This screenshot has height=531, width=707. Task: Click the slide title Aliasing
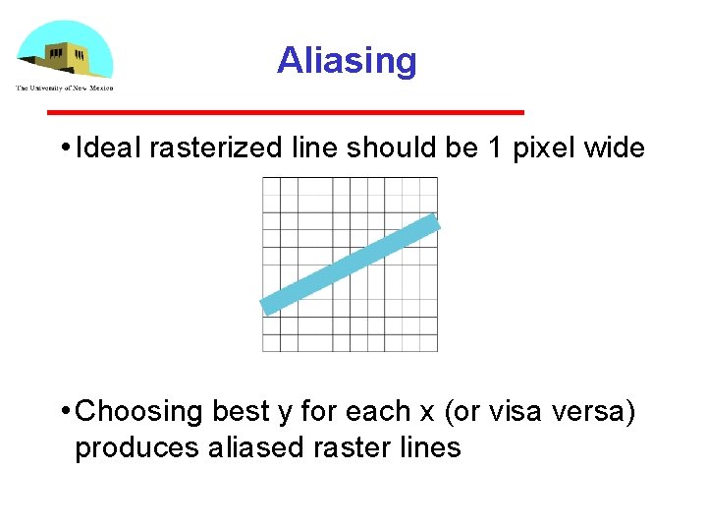pyautogui.click(x=347, y=61)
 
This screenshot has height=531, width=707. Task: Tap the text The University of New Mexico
pyautogui.click(x=65, y=88)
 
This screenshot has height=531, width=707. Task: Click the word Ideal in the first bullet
pyautogui.click(x=108, y=148)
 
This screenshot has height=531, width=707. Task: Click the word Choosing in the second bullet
pyautogui.click(x=139, y=411)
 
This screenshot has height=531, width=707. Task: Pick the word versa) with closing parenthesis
pyautogui.click(x=599, y=411)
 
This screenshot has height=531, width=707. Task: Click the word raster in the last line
pyautogui.click(x=350, y=447)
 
